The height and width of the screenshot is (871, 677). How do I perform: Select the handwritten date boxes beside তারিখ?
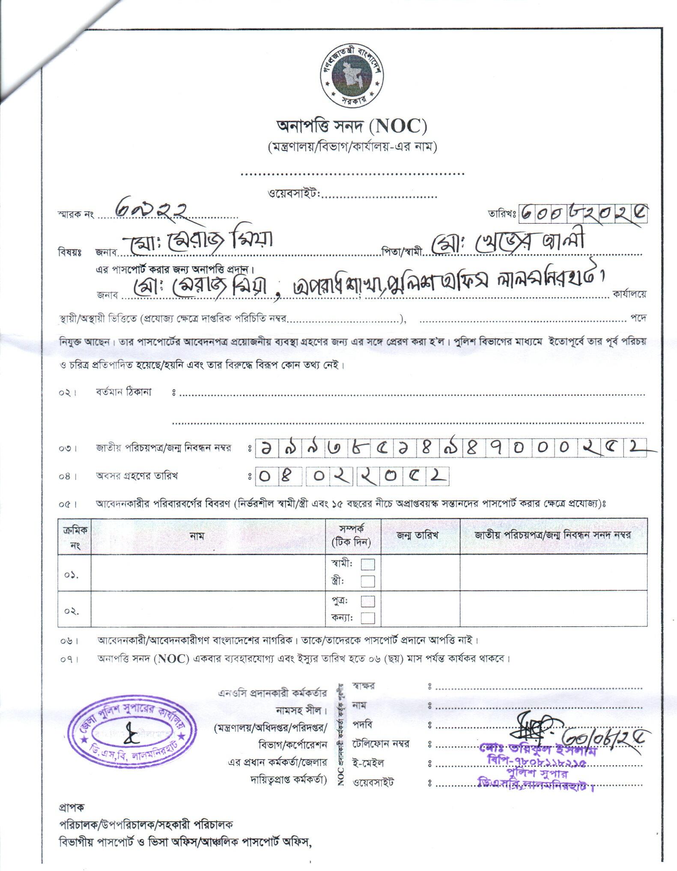(583, 213)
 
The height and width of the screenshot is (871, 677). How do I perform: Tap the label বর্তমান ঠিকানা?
(124, 392)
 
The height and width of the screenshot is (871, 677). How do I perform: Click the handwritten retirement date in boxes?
(352, 476)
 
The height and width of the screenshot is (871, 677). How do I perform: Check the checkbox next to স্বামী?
(367, 564)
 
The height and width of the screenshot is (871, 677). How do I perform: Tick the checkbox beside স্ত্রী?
(367, 581)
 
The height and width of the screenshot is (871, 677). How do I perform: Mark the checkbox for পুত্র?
(367, 601)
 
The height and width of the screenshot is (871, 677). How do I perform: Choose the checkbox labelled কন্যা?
(367, 618)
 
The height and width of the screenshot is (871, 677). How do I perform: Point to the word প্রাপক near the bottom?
(72, 807)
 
